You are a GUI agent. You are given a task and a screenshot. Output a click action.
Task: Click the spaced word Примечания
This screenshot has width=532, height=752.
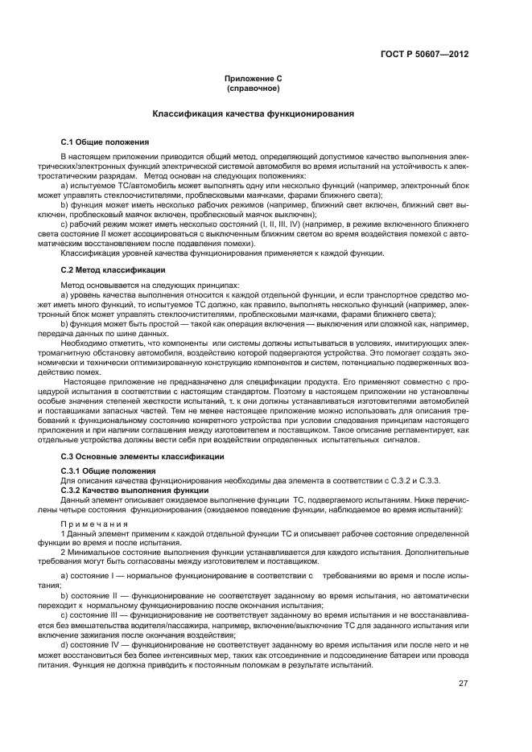pyautogui.click(x=93, y=523)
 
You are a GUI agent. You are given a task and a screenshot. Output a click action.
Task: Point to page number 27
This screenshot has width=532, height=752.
pyautogui.click(x=463, y=684)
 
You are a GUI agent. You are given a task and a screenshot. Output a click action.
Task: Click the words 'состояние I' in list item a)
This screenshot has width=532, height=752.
pyautogui.click(x=95, y=577)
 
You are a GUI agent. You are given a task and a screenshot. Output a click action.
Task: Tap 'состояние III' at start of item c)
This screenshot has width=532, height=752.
pyautogui.click(x=98, y=614)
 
